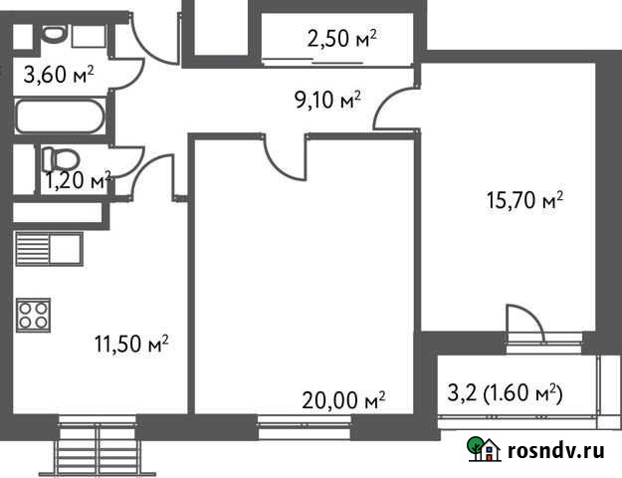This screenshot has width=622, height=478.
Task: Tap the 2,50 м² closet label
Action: click(x=342, y=39)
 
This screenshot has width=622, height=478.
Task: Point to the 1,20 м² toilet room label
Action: click(x=78, y=180)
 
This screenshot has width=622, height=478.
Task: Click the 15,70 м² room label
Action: click(x=524, y=200)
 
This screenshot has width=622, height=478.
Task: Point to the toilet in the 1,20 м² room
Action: click(x=63, y=158)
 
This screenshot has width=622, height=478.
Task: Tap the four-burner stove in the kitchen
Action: click(x=33, y=315)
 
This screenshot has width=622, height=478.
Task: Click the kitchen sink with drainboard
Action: click(x=48, y=249)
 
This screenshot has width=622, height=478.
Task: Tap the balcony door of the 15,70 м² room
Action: click(x=523, y=325)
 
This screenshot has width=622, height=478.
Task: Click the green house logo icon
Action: click(x=485, y=450)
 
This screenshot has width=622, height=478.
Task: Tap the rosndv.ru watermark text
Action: click(x=556, y=450)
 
